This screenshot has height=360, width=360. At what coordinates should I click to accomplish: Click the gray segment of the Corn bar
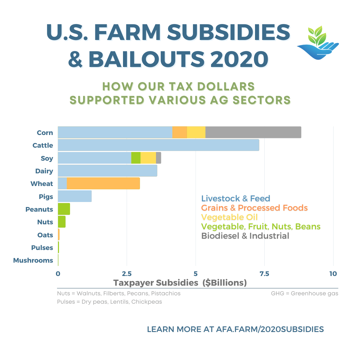tap(253, 132)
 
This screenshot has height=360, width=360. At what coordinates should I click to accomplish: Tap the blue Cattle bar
tap(158, 145)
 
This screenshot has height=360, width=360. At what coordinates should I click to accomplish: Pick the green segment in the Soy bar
tap(136, 158)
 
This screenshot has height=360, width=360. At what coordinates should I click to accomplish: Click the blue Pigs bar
tap(75, 196)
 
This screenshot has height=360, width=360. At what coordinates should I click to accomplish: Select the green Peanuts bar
tap(64, 209)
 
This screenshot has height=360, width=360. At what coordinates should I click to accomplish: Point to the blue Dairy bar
tap(107, 171)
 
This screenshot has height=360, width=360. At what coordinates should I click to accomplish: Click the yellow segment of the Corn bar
tap(196, 132)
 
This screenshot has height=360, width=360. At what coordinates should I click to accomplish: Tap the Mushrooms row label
tap(33, 260)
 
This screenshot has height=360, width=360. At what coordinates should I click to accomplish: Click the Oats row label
tap(45, 235)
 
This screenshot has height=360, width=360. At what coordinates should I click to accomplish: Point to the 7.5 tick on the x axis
tap(264, 274)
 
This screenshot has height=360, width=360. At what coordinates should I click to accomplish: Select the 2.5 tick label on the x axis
tap(126, 274)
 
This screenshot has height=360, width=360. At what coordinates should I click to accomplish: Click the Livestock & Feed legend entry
tap(236, 199)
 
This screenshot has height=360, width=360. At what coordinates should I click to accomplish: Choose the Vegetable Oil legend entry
tap(229, 217)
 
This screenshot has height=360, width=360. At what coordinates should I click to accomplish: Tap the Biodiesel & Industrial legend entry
tap(245, 236)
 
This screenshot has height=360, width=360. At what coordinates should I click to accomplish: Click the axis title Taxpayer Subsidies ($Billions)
tap(180, 283)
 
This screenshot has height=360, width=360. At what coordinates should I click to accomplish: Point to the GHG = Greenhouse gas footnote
tap(305, 294)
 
